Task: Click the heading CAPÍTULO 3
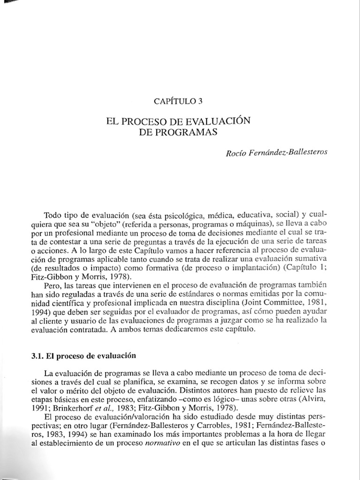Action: tap(179, 100)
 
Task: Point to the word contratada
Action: tap(107, 330)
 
